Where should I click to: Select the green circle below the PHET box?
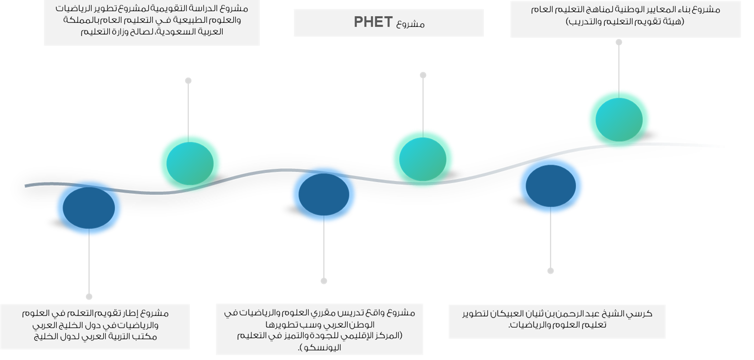tap(423, 158)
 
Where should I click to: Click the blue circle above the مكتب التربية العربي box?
tap(89, 208)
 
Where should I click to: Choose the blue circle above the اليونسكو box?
tap(324, 195)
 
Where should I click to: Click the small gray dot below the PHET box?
tap(423, 75)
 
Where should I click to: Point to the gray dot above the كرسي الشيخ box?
tap(551, 271)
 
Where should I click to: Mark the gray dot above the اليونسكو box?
tap(324, 281)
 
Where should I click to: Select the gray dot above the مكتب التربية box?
tap(89, 297)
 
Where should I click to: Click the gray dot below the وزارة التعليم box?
tap(188, 81)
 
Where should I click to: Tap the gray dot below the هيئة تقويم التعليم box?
tap(618, 42)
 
